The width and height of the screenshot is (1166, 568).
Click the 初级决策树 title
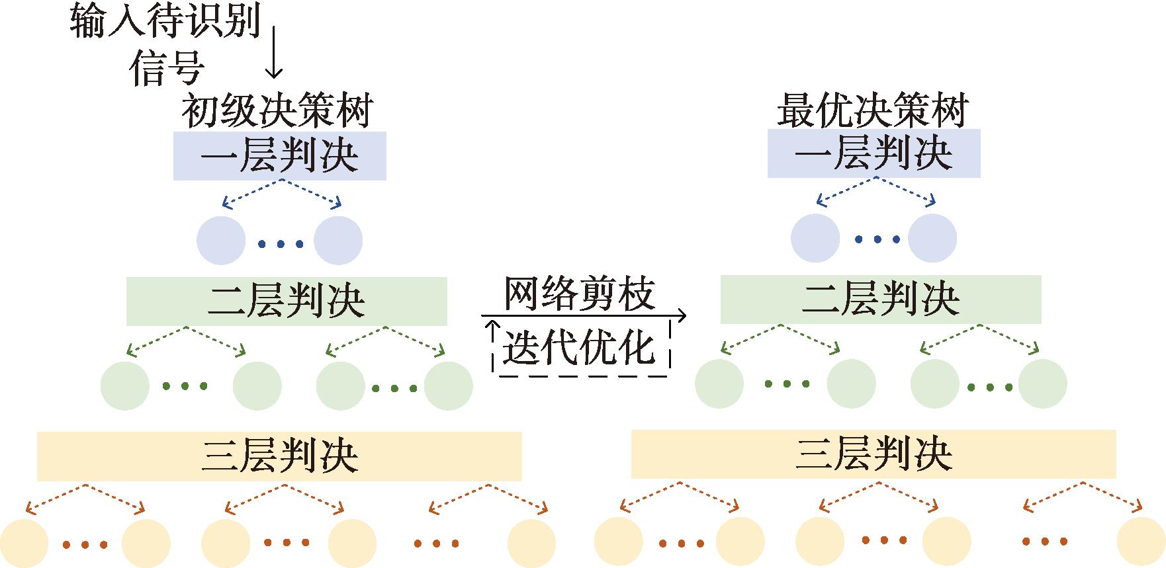click(278, 110)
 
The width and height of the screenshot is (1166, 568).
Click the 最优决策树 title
click(873, 110)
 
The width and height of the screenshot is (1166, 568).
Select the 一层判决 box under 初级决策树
click(279, 156)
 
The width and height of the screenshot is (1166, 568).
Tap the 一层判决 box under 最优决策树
click(874, 153)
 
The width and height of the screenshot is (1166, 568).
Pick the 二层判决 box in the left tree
click(287, 301)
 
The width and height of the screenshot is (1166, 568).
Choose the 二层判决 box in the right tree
click(881, 299)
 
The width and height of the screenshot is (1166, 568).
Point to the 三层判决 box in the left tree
click(279, 456)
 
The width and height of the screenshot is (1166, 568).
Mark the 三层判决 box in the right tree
click(874, 454)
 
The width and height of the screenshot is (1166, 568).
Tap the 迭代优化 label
click(578, 347)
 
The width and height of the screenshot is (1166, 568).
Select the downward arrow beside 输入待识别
click(273, 52)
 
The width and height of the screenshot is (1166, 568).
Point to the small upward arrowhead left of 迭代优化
click(491, 326)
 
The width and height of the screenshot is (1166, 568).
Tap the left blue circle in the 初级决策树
click(221, 241)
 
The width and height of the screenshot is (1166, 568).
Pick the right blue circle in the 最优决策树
click(932, 238)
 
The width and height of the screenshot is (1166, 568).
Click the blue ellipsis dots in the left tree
click(281, 245)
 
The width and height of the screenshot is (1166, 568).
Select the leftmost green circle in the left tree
click(125, 386)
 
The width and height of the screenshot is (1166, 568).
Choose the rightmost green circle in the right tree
click(1042, 384)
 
